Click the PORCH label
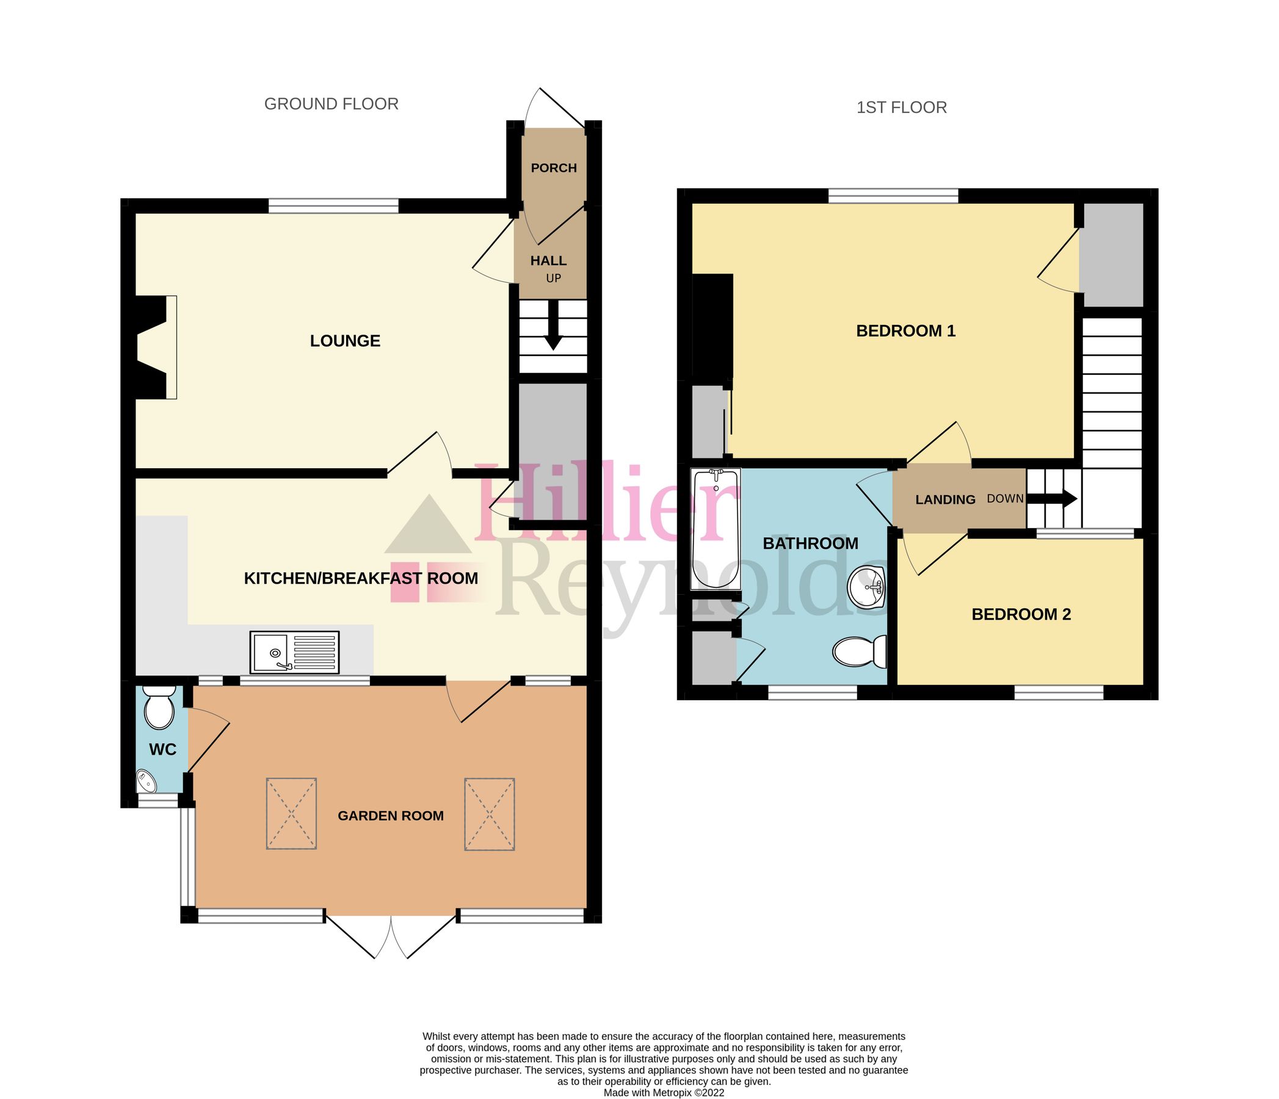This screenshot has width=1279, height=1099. tap(554, 168)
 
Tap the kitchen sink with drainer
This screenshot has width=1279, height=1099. tap(294, 652)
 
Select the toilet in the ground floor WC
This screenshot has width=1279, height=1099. tap(159, 709)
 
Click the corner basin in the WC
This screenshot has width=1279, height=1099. tap(147, 782)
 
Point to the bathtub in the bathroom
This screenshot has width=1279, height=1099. tap(716, 529)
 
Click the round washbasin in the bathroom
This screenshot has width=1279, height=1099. tap(868, 587)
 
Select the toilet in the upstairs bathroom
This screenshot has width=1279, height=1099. tap(858, 652)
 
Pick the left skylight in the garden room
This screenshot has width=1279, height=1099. tap(291, 813)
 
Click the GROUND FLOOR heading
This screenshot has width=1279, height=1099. tap(332, 104)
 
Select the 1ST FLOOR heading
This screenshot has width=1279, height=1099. tap(901, 107)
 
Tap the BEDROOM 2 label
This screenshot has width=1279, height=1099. tap(1021, 614)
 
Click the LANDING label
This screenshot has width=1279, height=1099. tap(945, 499)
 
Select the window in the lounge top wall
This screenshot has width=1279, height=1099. tap(333, 206)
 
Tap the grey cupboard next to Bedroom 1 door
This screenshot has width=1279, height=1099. tap(1114, 255)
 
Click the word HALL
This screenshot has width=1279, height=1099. tap(548, 261)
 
